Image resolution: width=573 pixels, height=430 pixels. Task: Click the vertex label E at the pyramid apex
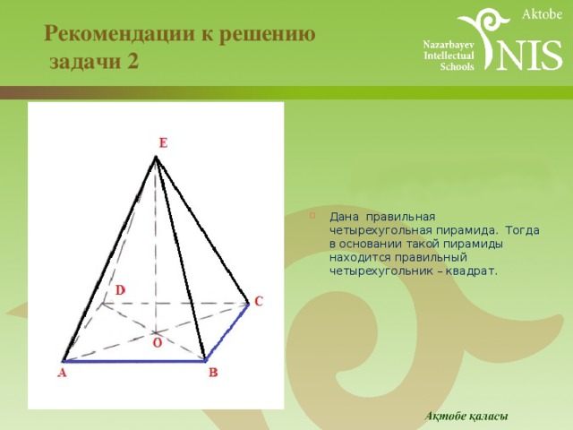pos(163,142)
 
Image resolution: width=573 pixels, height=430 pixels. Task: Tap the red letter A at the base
pos(62,373)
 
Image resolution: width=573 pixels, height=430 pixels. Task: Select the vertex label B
pos(213,373)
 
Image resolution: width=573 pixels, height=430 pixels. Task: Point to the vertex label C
pos(259,301)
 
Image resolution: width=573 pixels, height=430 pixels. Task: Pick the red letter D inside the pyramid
pos(120,290)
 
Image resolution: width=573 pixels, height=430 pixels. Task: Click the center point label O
pos(158,343)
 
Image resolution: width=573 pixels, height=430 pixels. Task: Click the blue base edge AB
pos(134,361)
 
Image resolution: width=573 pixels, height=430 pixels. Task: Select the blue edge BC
pos(227,332)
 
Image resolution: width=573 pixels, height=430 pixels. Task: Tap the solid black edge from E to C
pos(202,230)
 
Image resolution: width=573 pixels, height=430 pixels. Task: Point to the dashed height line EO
pos(156,245)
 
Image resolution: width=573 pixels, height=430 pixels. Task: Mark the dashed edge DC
pos(175,303)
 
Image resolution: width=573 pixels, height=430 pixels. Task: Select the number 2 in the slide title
pos(133,61)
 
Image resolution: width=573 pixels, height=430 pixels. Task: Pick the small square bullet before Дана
pos(312,215)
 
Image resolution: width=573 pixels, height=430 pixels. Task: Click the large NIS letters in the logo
pos(529,55)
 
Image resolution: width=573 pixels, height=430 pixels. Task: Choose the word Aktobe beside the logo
pos(542,14)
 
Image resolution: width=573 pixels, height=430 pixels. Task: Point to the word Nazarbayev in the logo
pos(449,45)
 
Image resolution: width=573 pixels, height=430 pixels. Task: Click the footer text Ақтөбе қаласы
pos(466,416)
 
